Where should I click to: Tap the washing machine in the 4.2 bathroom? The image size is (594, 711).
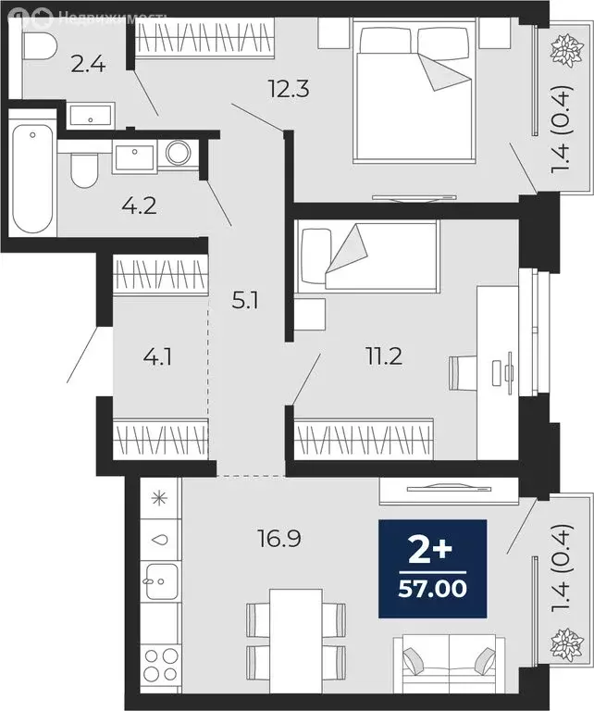coord(177,152)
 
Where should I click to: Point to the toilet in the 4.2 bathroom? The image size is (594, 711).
coord(84,170)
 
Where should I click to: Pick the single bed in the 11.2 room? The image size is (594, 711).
coord(366,255)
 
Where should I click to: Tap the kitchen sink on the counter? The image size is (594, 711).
coord(160,581)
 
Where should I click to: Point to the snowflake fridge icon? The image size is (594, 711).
coord(159,499)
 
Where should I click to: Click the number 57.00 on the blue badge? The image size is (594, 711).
coord(432,586)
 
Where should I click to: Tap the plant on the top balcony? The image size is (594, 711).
coord(562,52)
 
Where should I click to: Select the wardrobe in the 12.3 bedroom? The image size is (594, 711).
coord(204,38)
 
